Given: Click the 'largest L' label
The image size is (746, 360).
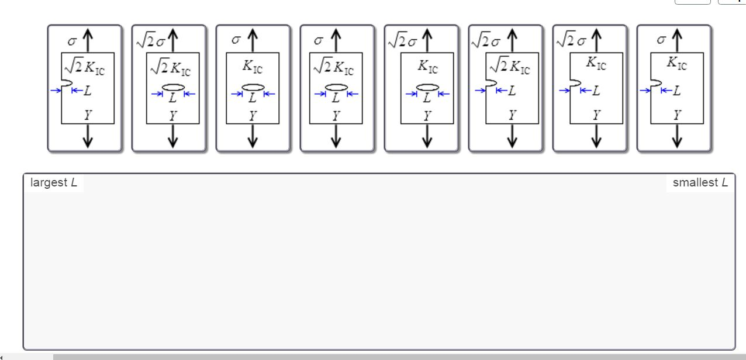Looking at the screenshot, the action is tap(54, 182).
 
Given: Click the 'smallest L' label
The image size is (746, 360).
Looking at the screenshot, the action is tap(700, 182).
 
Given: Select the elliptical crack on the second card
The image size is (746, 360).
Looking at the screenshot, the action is tap(173, 88).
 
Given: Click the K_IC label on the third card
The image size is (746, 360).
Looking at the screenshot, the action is tap(253, 66).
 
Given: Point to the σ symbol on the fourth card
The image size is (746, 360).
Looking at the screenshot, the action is tap(319, 40).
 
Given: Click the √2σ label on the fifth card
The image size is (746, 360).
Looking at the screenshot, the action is tap(403, 41).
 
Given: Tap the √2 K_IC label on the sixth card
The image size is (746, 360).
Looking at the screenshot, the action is tap(510, 66).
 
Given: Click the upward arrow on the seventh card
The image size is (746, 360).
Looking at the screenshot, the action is tap(596, 40).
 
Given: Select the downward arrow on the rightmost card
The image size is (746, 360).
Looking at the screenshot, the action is tap(677, 136).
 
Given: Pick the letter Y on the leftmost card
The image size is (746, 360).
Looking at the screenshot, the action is tap(88, 115).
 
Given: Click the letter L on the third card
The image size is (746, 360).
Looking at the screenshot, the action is tap(253, 98).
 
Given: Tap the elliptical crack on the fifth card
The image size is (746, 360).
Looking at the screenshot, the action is tap(427, 88).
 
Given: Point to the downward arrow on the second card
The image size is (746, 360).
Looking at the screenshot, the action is tap(172, 136).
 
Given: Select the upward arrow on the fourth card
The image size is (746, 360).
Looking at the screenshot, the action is tap(336, 40).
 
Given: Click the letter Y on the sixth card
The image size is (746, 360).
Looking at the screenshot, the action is tap(512, 115).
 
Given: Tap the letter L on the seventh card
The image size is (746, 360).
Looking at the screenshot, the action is tap(596, 90).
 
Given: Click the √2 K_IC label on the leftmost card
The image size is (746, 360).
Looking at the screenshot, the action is tap(85, 67).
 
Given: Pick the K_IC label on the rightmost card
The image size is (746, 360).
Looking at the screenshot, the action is tap(677, 63).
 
